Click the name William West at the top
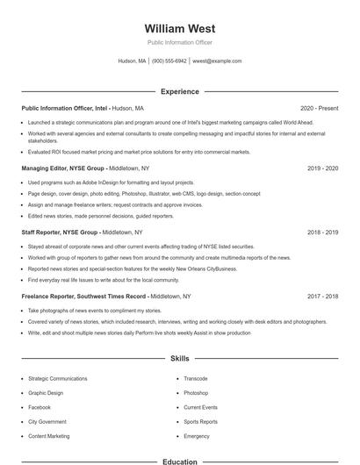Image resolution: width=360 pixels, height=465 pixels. [179, 28]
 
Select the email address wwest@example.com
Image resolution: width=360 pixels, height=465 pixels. [217, 61]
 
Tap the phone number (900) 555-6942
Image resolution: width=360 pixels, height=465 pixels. [169, 61]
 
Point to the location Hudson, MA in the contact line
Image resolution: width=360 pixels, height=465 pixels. [132, 61]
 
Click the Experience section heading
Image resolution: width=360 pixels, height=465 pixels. [179, 91]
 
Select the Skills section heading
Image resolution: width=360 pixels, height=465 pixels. [179, 359]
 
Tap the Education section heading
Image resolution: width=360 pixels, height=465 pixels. [179, 461]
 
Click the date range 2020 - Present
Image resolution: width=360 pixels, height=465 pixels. [319, 108]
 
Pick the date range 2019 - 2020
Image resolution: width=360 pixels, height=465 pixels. [322, 168]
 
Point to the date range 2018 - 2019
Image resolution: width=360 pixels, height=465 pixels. [322, 232]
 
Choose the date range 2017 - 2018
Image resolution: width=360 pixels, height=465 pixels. [322, 297]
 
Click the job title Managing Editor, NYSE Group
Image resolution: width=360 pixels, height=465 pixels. [62, 168]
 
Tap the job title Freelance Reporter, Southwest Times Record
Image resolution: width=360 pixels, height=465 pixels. [84, 297]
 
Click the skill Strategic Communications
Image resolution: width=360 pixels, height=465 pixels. [58, 378]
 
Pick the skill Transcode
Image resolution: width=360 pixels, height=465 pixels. [195, 378]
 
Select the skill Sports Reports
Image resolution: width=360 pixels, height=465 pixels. [200, 421]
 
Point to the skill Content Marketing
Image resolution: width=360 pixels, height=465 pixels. [49, 435]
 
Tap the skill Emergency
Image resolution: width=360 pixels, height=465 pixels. [197, 435]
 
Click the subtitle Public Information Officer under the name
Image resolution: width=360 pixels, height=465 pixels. [179, 42]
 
